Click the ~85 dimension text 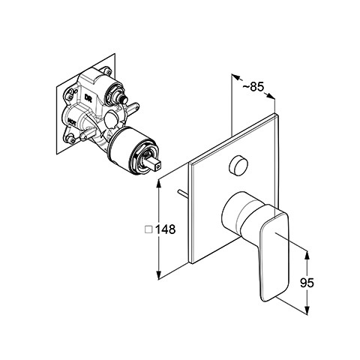pos(253,87)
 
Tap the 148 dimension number pos(166,229)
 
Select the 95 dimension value pos(307,283)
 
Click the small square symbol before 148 pos(148,229)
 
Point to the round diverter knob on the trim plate pos(238,164)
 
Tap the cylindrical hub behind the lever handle pos(240,212)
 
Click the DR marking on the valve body pos(88,97)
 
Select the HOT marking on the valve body pos(72,121)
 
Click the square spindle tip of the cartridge pos(155,162)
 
